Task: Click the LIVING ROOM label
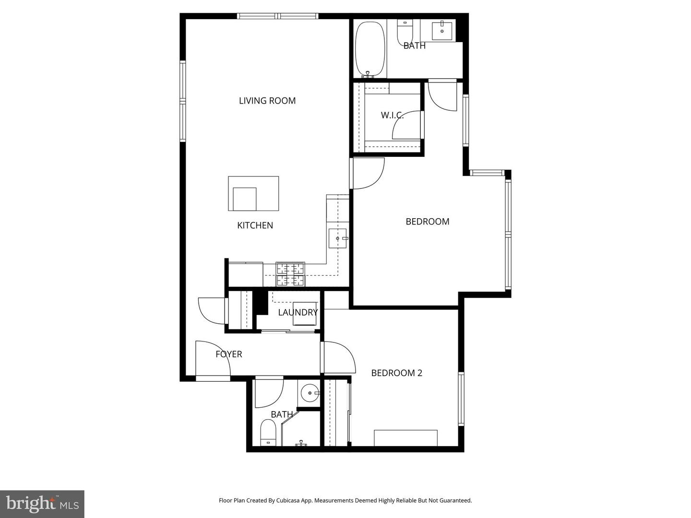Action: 267,101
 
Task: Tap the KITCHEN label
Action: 255,225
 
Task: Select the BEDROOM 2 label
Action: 396,373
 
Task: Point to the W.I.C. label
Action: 392,115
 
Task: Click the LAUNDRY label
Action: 298,313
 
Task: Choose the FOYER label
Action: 228,354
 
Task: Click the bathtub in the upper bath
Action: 369,48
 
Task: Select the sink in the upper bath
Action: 441,30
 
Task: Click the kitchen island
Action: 253,193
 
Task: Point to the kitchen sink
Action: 337,238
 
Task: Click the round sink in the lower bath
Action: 310,393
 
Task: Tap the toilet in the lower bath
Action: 268,433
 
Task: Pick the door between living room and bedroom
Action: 368,173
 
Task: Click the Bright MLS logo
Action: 42,504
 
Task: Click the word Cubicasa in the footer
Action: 288,501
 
